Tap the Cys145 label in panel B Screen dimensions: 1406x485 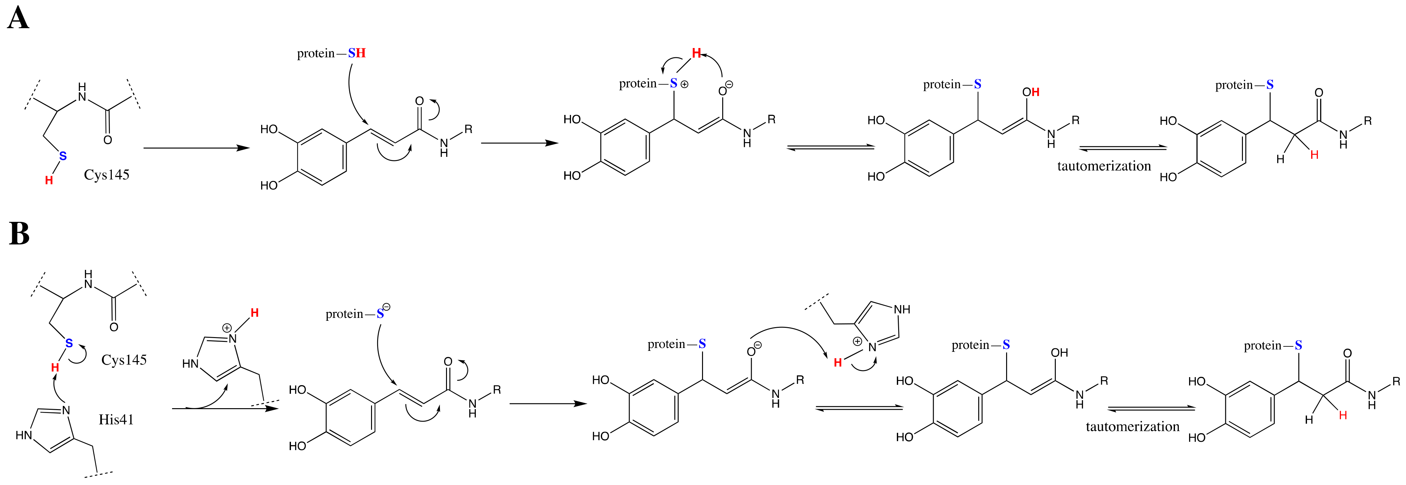124,360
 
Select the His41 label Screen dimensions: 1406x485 116,420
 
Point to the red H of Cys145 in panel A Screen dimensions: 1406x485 49,180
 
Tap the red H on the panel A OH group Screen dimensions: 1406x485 1035,92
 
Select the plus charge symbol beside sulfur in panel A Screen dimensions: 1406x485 684,85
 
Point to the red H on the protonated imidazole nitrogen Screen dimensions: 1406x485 254,313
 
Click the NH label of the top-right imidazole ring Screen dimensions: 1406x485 902,309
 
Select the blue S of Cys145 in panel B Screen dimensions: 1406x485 69,343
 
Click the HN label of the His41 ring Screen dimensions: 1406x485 24,435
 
